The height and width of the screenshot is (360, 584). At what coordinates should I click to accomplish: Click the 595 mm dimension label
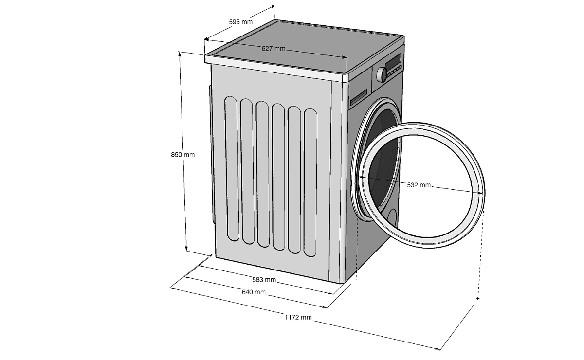(240, 21)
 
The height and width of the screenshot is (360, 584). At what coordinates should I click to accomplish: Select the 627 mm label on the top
(273, 48)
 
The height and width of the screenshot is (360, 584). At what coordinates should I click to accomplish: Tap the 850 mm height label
(182, 155)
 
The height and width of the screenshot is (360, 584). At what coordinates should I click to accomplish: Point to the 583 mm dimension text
(264, 279)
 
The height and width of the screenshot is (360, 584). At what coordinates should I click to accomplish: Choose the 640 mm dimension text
(254, 292)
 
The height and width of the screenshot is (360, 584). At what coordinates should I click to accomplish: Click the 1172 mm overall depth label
(298, 317)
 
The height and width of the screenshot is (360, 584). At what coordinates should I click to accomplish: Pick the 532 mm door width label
(419, 185)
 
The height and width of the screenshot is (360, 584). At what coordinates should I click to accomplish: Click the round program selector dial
(382, 74)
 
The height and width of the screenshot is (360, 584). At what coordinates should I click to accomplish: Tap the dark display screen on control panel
(393, 62)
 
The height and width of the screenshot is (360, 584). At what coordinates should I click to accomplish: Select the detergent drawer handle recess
(359, 96)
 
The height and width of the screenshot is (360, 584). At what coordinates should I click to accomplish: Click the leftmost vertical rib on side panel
(232, 169)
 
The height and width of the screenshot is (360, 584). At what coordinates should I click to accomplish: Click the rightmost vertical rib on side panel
(310, 182)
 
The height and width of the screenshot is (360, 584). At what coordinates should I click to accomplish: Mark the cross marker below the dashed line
(478, 298)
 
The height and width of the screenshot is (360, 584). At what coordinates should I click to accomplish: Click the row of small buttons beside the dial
(395, 71)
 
